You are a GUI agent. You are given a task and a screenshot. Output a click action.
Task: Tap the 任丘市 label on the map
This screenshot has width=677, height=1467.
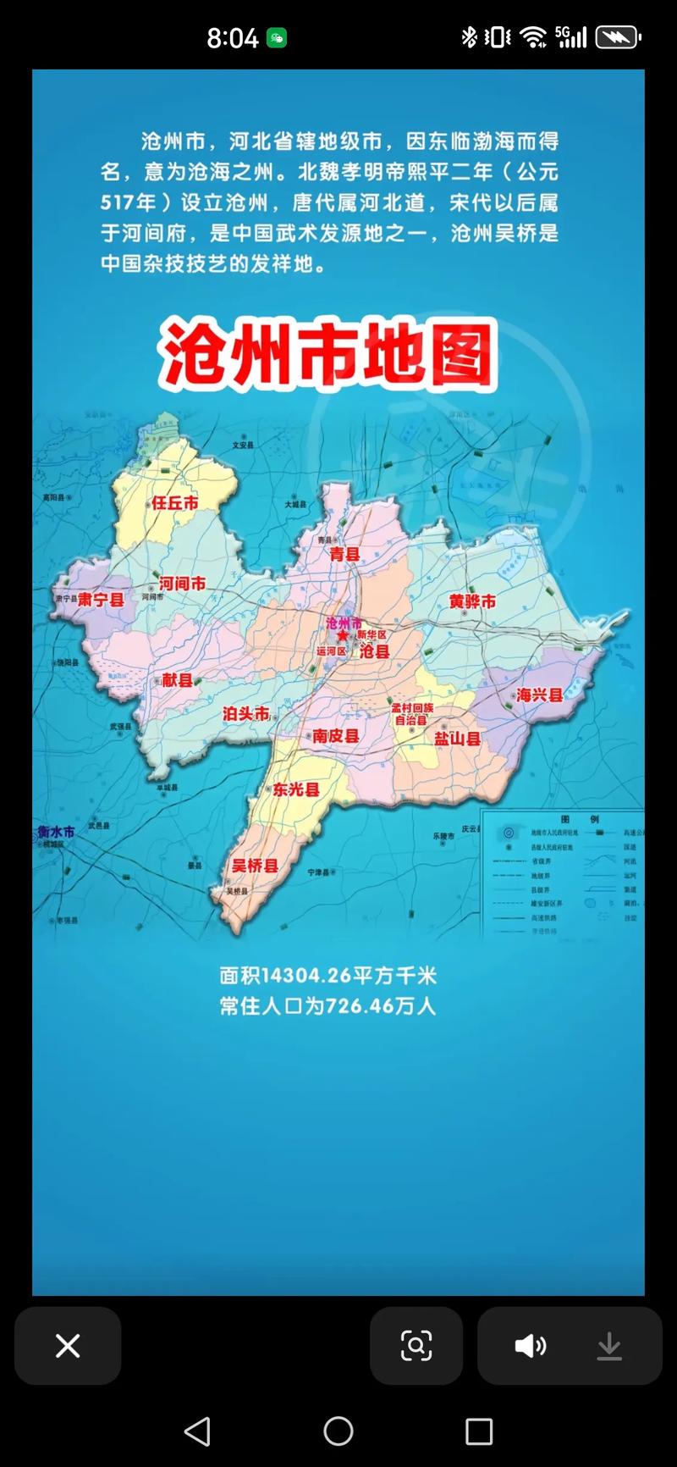[x=174, y=503]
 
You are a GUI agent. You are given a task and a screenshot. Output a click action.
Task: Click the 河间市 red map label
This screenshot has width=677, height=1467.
[x=182, y=584]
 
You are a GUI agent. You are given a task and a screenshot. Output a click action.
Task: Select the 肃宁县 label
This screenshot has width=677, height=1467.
[x=102, y=600]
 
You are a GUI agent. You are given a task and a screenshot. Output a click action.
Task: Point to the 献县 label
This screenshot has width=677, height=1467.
[x=178, y=680]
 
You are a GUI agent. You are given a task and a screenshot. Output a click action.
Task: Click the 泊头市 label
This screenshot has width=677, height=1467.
[x=245, y=714]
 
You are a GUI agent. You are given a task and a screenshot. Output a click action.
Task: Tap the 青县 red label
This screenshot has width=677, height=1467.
[x=344, y=555]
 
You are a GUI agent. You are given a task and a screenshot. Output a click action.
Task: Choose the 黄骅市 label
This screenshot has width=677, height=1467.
[x=472, y=601]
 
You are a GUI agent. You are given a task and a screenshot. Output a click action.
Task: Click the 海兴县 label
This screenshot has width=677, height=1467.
[x=540, y=695]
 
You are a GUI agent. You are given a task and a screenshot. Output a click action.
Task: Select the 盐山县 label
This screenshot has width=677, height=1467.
[x=457, y=739]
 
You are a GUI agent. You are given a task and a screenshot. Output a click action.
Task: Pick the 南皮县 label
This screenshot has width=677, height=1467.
[x=336, y=736]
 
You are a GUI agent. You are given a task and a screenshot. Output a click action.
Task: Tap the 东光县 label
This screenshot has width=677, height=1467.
[x=296, y=789]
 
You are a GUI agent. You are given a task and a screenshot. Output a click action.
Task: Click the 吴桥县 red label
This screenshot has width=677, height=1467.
[x=256, y=866]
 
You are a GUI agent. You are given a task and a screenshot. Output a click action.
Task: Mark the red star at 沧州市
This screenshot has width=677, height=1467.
[x=342, y=635]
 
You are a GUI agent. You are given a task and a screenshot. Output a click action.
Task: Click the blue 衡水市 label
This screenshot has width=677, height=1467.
[x=56, y=832]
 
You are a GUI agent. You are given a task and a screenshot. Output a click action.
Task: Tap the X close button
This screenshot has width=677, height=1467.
[x=68, y=1346]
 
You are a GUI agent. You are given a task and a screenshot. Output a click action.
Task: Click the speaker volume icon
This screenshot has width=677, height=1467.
[x=531, y=1346]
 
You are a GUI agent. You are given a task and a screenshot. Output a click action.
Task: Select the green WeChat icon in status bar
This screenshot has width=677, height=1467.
[x=277, y=38]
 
